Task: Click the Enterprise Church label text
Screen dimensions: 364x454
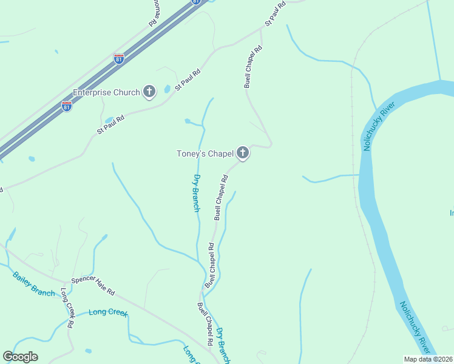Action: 106,92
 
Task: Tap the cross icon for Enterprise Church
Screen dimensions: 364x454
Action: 149,92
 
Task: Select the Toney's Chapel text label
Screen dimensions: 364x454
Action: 205,153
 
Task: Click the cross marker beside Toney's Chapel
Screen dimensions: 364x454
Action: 243,153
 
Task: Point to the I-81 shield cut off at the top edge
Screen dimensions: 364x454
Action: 195,2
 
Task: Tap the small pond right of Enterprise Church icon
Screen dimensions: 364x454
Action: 167,90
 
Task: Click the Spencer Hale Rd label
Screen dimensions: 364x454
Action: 93,286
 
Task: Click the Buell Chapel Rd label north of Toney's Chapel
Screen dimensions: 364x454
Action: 253,66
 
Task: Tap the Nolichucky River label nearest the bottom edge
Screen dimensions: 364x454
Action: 415,328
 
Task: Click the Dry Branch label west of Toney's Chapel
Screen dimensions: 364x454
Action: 196,193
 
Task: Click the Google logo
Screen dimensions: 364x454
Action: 20,357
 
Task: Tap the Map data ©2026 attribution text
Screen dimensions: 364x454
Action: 428,359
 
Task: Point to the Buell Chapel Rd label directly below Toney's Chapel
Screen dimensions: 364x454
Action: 220,197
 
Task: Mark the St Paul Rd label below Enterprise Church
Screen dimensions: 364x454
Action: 110,124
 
